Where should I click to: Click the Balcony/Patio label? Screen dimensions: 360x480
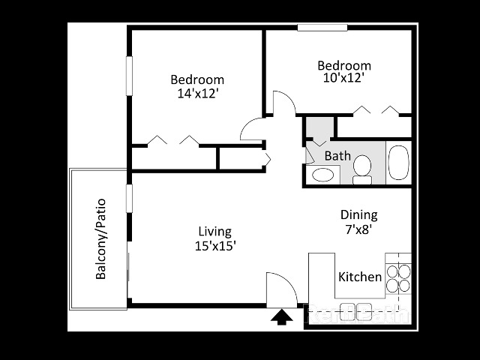pyautogui.click(x=101, y=238)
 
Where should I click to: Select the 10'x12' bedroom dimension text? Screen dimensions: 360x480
pyautogui.click(x=344, y=79)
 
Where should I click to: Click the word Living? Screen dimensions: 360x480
pyautogui.click(x=214, y=231)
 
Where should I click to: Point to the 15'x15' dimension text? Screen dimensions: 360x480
pyautogui.click(x=215, y=245)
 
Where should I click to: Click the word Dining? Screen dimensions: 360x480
pyautogui.click(x=358, y=215)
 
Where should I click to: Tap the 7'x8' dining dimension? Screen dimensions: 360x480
pyautogui.click(x=358, y=230)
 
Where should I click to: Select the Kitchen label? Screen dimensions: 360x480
pyautogui.click(x=360, y=277)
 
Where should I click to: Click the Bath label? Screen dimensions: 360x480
pyautogui.click(x=337, y=156)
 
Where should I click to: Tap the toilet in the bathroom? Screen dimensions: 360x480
pyautogui.click(x=363, y=169)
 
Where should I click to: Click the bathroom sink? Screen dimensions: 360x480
pyautogui.click(x=323, y=175)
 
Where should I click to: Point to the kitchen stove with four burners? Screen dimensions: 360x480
pyautogui.click(x=398, y=278)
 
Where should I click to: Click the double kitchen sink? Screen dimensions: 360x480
pyautogui.click(x=355, y=310)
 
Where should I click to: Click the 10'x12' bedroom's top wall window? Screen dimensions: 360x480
pyautogui.click(x=322, y=28)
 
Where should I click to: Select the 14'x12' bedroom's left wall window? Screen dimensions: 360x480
pyautogui.click(x=129, y=75)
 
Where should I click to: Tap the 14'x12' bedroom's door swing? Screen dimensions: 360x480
pyautogui.click(x=252, y=130)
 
